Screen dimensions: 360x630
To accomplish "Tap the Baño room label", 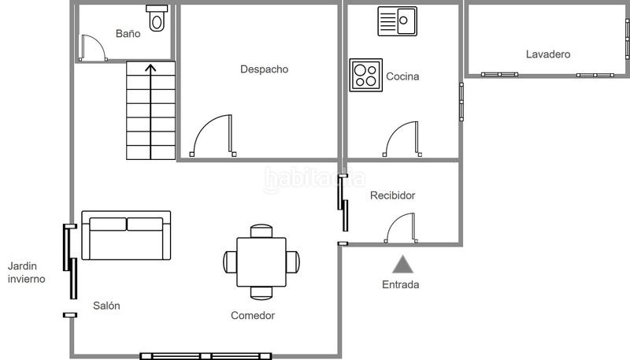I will coord(128,34).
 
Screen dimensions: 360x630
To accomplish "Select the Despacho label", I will coord(264,69).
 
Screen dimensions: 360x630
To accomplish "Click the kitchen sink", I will coord(397,21).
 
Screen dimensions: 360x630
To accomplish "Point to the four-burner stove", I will coord(365,76).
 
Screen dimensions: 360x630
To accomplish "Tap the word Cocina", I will coord(402,77).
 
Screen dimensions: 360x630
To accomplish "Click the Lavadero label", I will coord(548,54).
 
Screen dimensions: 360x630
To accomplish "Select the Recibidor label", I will coord(392,195).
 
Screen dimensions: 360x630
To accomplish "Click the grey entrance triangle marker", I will coord(402,264).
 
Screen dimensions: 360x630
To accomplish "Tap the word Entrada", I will coord(400,284).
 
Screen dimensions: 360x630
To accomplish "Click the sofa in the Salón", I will coord(126,236).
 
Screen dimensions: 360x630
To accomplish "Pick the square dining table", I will coord(262,262).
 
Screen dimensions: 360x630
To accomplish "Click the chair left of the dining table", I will coord(230,262).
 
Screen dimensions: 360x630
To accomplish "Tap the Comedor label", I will coord(253,316).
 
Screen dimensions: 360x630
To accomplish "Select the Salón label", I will coord(106,306).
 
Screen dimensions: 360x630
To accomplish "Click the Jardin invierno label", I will coord(26,273).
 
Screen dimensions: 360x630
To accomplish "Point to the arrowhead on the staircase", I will coord(150,69).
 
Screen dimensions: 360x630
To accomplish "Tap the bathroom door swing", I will coord(94,47).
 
